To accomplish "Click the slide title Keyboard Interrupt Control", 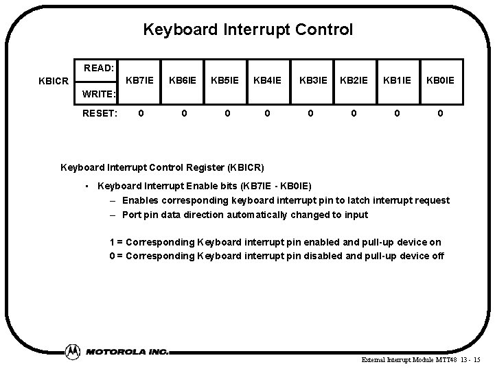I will (247, 30).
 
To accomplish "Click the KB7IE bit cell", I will (140, 80).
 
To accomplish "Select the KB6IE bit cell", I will (183, 80).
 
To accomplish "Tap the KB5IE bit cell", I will (225, 80).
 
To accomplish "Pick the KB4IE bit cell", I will (268, 80).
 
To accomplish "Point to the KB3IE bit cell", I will (311, 80).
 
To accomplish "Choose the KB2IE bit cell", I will (354, 80).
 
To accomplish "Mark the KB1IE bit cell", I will (396, 80).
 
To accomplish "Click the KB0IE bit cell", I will (439, 80).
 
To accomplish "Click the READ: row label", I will (98, 68).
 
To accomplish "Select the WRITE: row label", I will (99, 93).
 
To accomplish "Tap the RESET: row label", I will (99, 112).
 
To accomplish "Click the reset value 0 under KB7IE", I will (140, 112).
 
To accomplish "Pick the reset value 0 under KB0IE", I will (439, 112).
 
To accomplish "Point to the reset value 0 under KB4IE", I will (268, 112).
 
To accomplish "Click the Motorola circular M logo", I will (72, 350).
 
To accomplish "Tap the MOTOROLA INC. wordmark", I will (127, 351).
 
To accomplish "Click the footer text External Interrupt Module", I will (387, 359).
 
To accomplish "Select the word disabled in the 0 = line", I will (315, 256).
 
